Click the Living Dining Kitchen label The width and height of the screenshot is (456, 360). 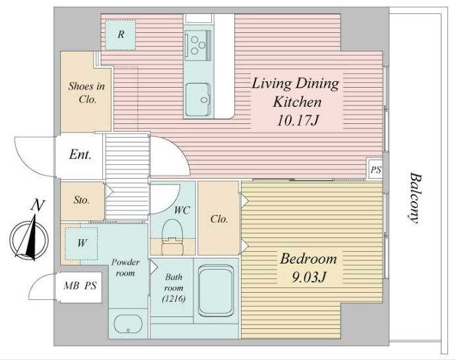(x=296, y=92)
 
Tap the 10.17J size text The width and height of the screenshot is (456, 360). (x=297, y=120)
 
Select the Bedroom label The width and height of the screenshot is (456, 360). (x=308, y=258)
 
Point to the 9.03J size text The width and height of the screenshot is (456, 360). (x=308, y=277)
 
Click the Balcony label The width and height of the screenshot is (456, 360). (x=415, y=198)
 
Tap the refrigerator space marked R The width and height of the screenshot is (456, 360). (x=120, y=35)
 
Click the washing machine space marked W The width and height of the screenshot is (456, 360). (x=81, y=243)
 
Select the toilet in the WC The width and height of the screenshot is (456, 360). (x=172, y=236)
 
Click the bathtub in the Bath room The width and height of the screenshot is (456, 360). (x=216, y=291)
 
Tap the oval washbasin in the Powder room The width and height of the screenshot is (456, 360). (x=128, y=324)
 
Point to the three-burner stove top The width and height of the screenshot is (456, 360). (x=198, y=45)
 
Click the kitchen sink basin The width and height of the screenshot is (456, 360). (x=198, y=100)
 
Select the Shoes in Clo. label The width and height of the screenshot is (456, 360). (x=86, y=93)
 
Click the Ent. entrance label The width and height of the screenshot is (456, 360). (x=81, y=154)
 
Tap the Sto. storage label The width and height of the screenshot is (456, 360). (x=81, y=200)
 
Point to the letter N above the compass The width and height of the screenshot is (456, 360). (x=37, y=205)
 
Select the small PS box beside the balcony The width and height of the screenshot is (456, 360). (x=375, y=169)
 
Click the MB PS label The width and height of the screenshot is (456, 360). (x=80, y=286)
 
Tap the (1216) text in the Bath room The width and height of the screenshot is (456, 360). (x=174, y=299)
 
